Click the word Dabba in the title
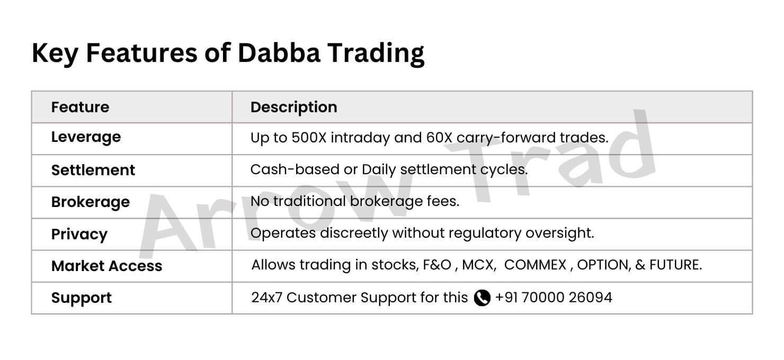click(x=279, y=53)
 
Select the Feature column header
click(x=80, y=107)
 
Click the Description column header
click(x=293, y=107)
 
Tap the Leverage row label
click(x=86, y=137)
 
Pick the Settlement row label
click(x=93, y=170)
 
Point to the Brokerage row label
click(x=90, y=202)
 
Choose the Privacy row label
click(x=79, y=235)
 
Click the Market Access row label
click(x=107, y=266)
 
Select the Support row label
click(x=81, y=298)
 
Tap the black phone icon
click(x=482, y=298)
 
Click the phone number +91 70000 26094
click(x=554, y=298)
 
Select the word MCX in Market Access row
click(x=478, y=265)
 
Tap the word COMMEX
click(x=535, y=265)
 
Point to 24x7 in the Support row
click(x=266, y=298)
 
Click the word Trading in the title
click(x=376, y=54)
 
